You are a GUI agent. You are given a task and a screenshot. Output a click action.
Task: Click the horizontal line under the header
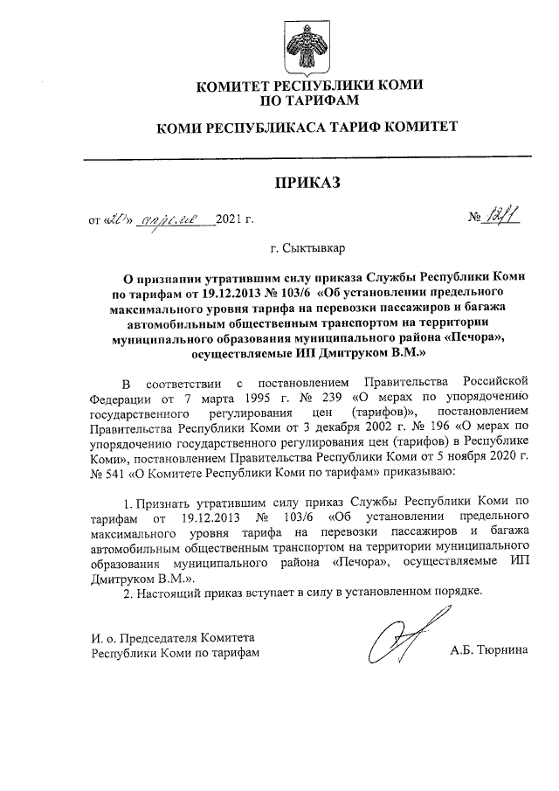[x=306, y=157]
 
